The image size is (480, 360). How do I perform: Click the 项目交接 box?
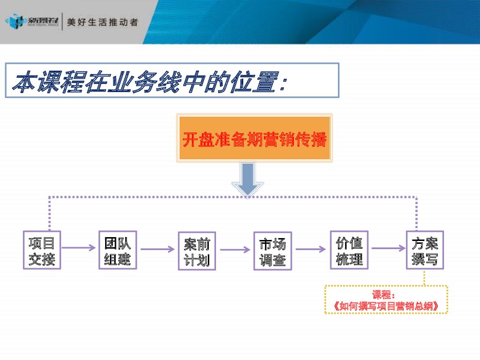click(x=42, y=250)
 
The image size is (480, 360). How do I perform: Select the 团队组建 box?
click(x=118, y=250)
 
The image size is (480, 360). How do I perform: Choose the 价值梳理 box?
click(x=349, y=250)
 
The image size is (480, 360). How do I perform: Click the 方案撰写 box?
click(x=425, y=250)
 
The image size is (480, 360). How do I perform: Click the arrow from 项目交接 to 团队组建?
click(x=79, y=248)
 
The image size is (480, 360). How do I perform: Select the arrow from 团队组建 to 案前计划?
click(x=157, y=249)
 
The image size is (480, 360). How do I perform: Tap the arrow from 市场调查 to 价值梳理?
click(x=311, y=249)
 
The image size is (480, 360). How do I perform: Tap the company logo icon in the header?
click(x=14, y=22)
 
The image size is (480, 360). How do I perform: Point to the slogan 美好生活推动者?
click(x=102, y=22)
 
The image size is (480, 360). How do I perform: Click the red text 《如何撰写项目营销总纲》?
click(x=386, y=306)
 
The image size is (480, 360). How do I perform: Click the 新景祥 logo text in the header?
click(x=43, y=22)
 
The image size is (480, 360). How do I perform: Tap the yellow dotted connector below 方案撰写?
click(x=424, y=277)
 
